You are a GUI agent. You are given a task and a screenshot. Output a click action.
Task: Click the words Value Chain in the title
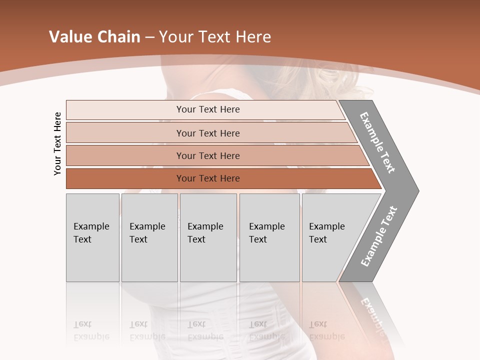94,37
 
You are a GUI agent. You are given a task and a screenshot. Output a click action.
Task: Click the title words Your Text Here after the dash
215,37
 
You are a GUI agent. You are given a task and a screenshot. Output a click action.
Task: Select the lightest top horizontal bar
125,109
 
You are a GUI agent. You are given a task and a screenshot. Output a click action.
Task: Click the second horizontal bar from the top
125,133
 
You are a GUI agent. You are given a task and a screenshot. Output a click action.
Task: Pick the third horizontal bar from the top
125,155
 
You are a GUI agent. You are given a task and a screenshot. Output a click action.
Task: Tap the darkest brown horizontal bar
125,178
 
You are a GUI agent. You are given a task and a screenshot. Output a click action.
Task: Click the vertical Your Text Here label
57,143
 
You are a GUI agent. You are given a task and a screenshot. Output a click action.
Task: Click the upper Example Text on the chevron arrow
377,142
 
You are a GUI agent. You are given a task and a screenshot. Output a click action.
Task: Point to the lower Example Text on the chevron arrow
378,236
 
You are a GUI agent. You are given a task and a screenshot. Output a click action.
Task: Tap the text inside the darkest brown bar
208,178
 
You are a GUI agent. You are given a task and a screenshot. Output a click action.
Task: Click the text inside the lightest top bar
208,109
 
